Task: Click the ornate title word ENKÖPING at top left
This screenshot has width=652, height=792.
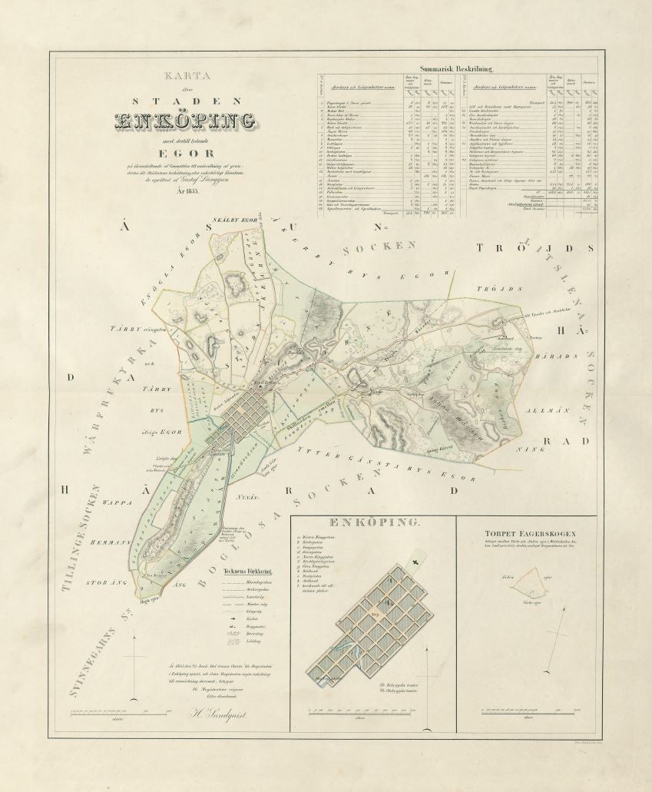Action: tap(184, 121)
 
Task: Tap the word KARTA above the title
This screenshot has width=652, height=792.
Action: tap(184, 77)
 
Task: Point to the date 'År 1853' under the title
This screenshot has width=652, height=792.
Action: tap(184, 191)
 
